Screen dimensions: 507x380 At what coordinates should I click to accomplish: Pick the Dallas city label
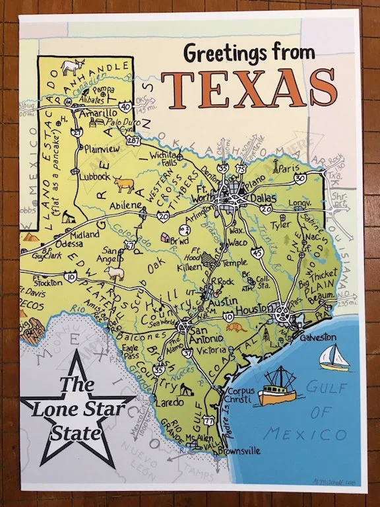point(264,196)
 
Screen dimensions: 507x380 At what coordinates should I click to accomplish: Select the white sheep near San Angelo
point(116,272)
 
